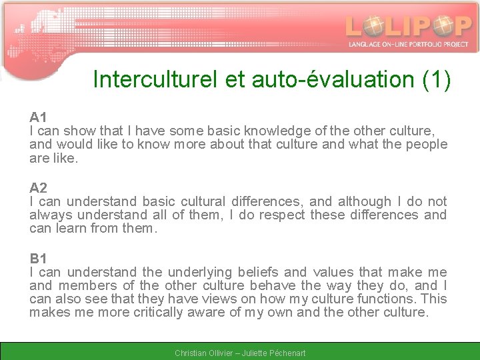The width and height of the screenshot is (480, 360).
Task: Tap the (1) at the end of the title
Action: [x=437, y=79]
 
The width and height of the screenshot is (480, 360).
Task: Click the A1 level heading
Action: [x=38, y=117]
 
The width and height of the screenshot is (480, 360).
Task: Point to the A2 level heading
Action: [x=38, y=188]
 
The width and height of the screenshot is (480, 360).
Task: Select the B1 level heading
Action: [x=38, y=259]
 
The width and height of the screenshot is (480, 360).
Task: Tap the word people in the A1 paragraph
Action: [x=427, y=145]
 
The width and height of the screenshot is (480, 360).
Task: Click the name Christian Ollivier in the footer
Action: [x=202, y=353]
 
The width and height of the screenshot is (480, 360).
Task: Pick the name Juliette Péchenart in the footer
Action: [x=273, y=353]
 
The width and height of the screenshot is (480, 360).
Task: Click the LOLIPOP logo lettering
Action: [x=408, y=26]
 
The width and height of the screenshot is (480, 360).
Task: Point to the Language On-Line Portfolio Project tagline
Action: [x=408, y=44]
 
